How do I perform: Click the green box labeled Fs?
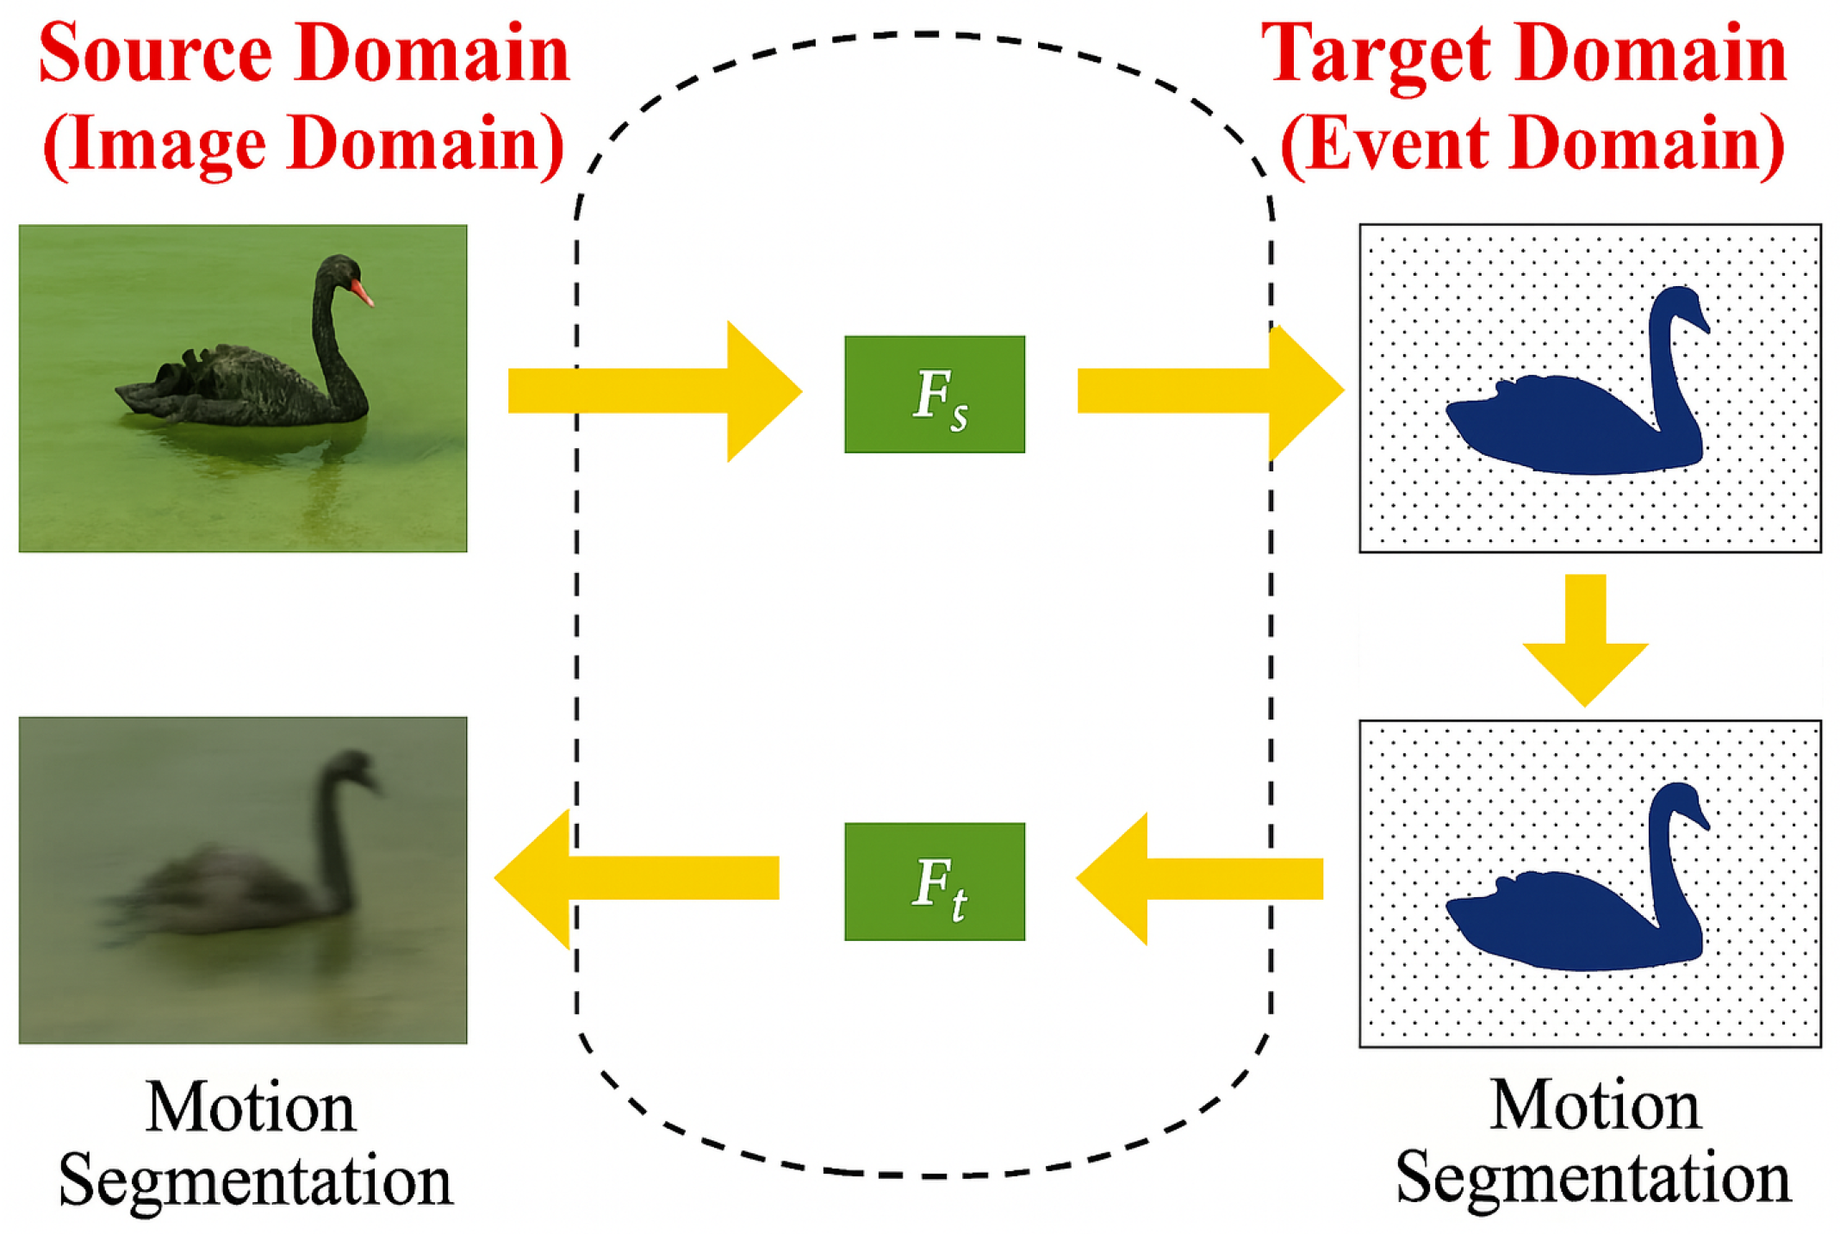pyautogui.click(x=934, y=394)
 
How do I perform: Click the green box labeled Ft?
pyautogui.click(x=934, y=881)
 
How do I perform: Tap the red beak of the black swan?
pyautogui.click(x=362, y=293)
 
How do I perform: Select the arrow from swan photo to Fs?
pyautogui.click(x=655, y=390)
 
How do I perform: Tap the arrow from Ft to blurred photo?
pyautogui.click(x=637, y=878)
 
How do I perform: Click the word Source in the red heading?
pyautogui.click(x=155, y=53)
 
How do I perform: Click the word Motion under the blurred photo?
pyautogui.click(x=250, y=1106)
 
